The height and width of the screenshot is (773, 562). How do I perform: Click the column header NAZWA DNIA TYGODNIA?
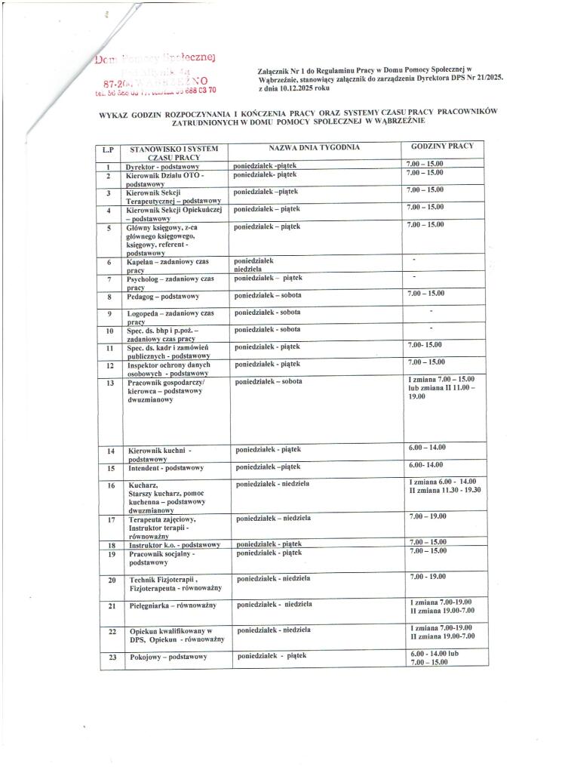(314, 147)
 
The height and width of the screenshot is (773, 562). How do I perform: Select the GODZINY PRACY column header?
(442, 146)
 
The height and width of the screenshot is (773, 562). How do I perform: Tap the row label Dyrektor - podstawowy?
(161, 165)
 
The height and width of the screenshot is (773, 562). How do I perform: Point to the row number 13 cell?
(109, 383)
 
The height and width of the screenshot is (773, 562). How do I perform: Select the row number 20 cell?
(110, 580)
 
